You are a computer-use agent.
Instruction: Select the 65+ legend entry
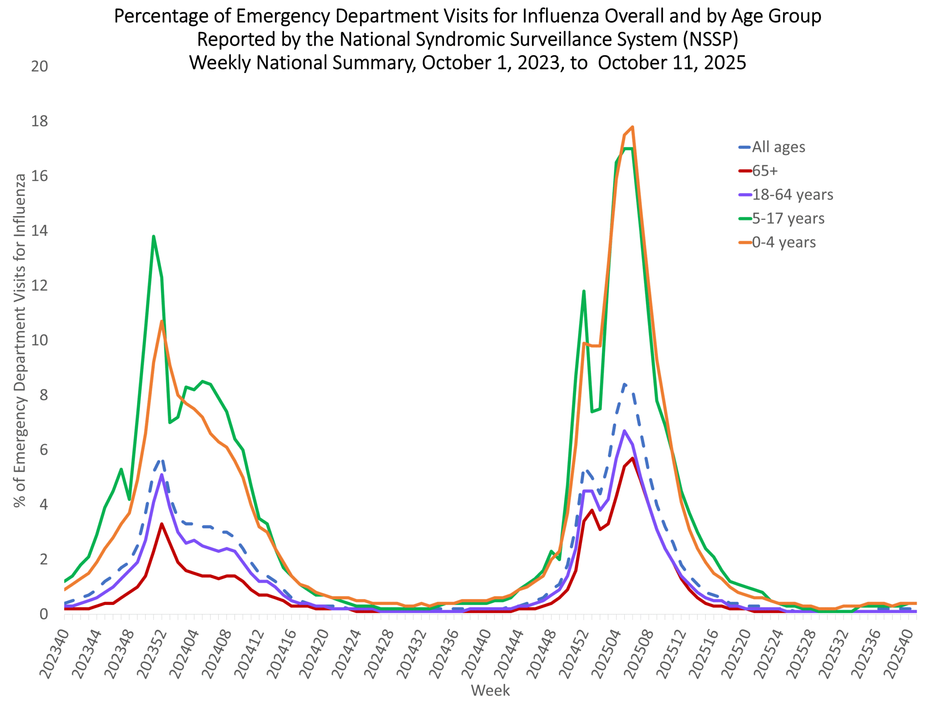click(x=765, y=171)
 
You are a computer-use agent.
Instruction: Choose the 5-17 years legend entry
click(x=788, y=218)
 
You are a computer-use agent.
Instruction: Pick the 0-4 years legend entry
click(x=784, y=242)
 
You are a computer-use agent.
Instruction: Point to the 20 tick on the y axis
click(x=39, y=66)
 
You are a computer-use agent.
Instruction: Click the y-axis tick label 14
click(x=39, y=231)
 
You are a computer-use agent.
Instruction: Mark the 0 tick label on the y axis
click(x=43, y=614)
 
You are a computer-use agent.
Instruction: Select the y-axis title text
click(x=20, y=340)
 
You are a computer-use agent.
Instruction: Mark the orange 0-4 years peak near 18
click(x=632, y=127)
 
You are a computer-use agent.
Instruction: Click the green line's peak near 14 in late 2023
click(x=153, y=236)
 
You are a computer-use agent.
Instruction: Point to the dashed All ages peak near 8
click(x=625, y=384)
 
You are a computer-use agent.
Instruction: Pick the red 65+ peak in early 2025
click(x=632, y=458)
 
